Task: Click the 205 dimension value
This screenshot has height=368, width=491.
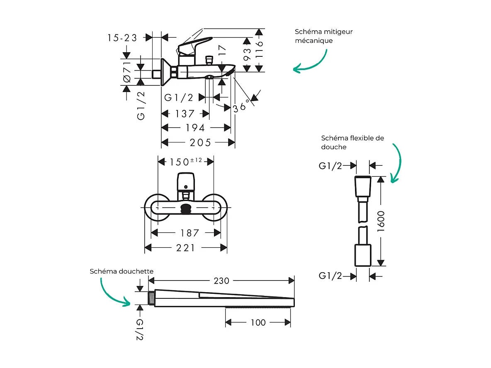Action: [200, 143]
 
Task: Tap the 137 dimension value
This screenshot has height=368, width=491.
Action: [184, 114]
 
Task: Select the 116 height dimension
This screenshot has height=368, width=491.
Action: [260, 50]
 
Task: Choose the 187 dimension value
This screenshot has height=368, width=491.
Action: [190, 233]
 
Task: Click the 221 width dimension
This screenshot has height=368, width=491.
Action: [185, 248]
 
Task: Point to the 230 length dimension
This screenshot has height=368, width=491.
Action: [221, 281]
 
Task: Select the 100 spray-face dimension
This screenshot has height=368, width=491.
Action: [258, 322]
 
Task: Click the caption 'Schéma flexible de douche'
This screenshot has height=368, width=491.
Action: [352, 142]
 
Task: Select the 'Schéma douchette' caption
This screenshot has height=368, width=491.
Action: [122, 271]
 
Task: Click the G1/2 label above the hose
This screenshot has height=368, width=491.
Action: [331, 166]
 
